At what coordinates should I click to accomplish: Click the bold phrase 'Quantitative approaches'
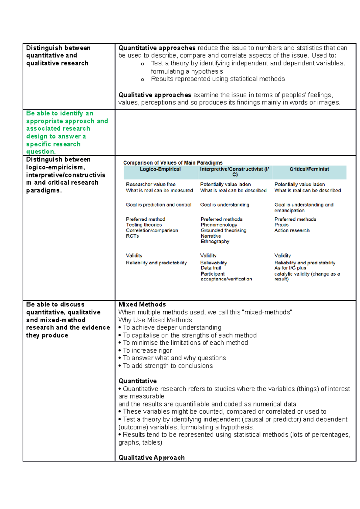click(x=157, y=48)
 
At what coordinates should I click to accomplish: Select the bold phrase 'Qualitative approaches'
click(x=155, y=95)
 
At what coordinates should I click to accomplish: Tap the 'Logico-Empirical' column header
click(x=160, y=169)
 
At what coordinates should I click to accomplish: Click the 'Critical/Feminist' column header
click(x=309, y=169)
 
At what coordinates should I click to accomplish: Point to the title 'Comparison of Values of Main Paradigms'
click(x=173, y=163)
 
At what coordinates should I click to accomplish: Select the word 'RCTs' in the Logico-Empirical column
click(x=132, y=236)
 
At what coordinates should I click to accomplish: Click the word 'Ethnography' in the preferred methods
click(x=215, y=242)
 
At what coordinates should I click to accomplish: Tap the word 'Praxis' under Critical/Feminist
click(x=281, y=225)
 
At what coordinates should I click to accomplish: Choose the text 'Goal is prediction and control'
click(x=158, y=205)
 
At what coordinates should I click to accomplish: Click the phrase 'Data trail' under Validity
click(x=211, y=268)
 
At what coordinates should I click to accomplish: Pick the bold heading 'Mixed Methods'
click(x=142, y=305)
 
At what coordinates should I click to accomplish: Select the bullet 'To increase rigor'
click(x=147, y=351)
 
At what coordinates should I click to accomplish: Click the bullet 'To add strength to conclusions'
click(x=168, y=366)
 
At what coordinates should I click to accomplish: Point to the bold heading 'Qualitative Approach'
click(x=151, y=458)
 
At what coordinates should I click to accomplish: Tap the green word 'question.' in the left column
click(x=41, y=152)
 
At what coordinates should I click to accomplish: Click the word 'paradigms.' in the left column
click(x=44, y=191)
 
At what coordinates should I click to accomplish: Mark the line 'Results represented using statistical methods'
click(x=218, y=79)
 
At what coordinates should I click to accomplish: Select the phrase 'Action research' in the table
click(x=292, y=231)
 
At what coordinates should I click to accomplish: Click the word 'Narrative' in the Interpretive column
click(x=211, y=236)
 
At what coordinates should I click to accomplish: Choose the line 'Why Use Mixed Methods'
click(x=155, y=320)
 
